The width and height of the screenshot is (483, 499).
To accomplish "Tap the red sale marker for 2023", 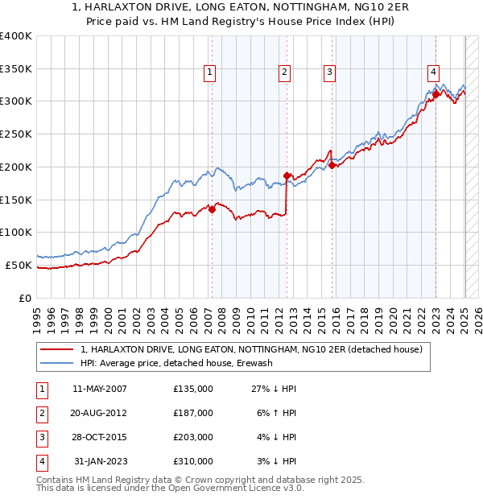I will click(x=436, y=94).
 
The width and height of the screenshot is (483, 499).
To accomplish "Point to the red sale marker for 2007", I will click(x=212, y=209).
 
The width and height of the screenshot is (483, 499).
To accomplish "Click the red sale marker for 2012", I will click(x=287, y=175).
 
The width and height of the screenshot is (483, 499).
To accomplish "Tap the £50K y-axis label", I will click(x=19, y=265).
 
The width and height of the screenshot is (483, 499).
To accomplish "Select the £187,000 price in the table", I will click(x=193, y=413).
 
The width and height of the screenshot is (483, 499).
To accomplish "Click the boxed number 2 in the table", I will click(x=40, y=413).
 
